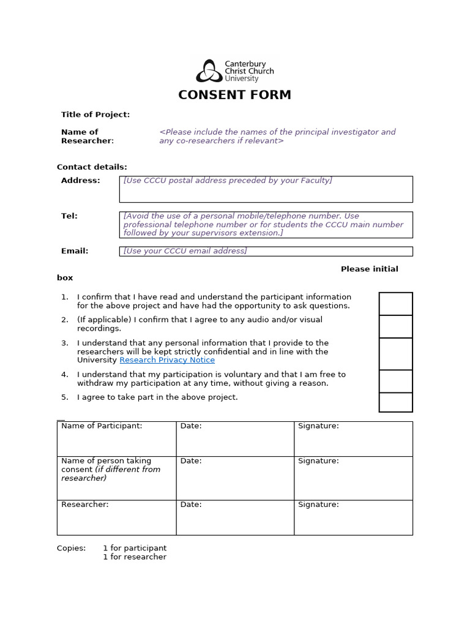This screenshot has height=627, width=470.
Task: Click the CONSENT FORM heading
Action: pyautogui.click(x=234, y=95)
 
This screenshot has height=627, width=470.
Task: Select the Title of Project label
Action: pyautogui.click(x=95, y=115)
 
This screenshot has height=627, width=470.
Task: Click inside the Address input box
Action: pyautogui.click(x=266, y=189)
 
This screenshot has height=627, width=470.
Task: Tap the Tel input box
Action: pyautogui.click(x=266, y=225)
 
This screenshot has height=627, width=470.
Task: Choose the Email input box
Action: pyautogui.click(x=266, y=251)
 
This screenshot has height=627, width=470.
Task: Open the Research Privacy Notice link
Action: pyautogui.click(x=167, y=360)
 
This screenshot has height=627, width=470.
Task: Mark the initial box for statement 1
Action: pyautogui.click(x=395, y=304)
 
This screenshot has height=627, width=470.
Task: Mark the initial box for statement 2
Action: pyautogui.click(x=395, y=326)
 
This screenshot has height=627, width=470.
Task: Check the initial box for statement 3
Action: pyautogui.click(x=395, y=354)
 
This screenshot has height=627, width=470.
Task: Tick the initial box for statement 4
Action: pyautogui.click(x=395, y=381)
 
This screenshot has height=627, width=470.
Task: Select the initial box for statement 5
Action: pyautogui.click(x=395, y=402)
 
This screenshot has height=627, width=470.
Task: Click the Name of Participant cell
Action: pyautogui.click(x=116, y=438)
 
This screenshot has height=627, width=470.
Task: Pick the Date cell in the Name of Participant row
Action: pyautogui.click(x=235, y=438)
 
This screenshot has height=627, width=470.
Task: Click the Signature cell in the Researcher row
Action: pyautogui.click(x=353, y=517)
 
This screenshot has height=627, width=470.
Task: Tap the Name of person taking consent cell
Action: pyautogui.click(x=116, y=478)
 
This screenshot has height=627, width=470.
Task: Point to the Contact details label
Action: pyautogui.click(x=92, y=167)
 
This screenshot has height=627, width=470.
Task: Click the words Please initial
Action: pyautogui.click(x=369, y=269)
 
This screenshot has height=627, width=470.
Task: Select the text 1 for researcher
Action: pyautogui.click(x=135, y=557)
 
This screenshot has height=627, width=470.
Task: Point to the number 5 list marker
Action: pyautogui.click(x=64, y=397)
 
